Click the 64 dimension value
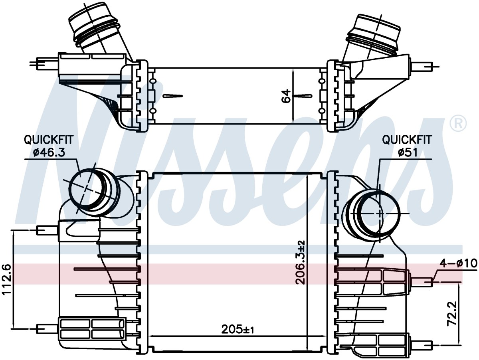[286, 96]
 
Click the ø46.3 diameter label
[49, 152]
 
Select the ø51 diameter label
[407, 152]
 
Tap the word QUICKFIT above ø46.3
[48, 140]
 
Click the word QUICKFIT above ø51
[407, 140]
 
